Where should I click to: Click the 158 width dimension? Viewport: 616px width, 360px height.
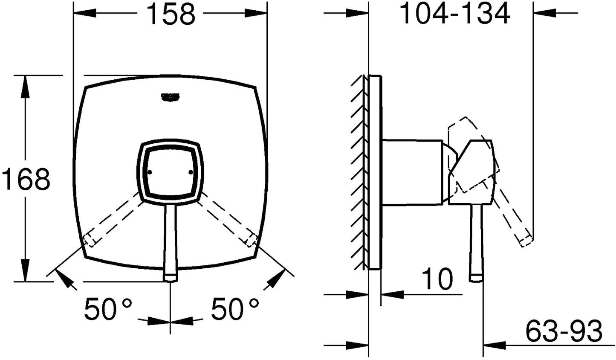point(171,14)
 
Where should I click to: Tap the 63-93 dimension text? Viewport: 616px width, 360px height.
point(564,331)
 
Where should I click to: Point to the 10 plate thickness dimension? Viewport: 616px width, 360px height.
point(437,279)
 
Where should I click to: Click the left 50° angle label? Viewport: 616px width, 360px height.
point(108,309)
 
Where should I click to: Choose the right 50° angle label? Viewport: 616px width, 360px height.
point(235,309)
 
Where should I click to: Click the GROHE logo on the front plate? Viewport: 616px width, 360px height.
point(170,97)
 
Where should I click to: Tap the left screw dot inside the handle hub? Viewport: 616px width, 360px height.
point(150,173)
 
